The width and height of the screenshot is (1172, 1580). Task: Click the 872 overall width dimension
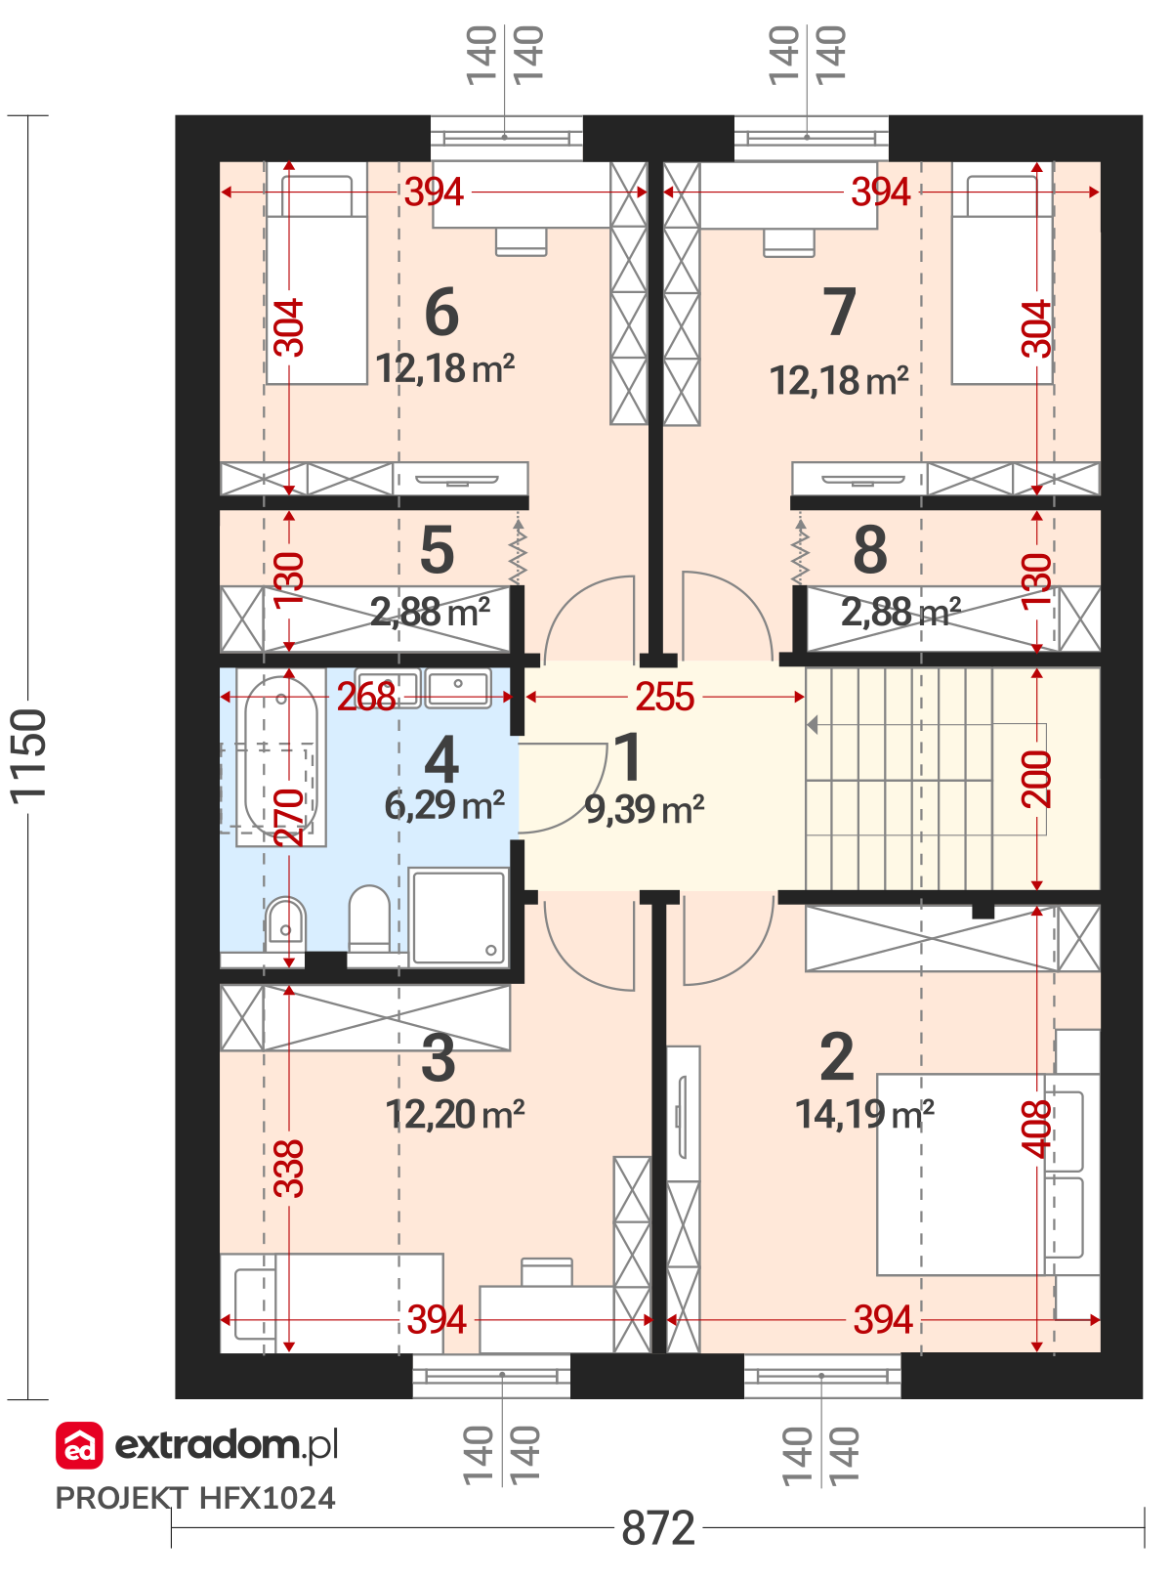[657, 1528]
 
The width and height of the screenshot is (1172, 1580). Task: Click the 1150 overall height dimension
[29, 756]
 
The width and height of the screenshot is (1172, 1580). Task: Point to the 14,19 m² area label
[864, 1113]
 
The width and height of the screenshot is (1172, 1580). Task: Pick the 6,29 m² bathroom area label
[444, 805]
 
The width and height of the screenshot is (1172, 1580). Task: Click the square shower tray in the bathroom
[459, 918]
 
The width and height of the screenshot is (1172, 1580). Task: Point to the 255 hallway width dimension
[664, 697]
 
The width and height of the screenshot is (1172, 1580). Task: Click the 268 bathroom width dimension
[366, 697]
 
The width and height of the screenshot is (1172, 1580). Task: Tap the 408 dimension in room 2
[1036, 1129]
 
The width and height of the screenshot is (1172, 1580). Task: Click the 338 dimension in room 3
[289, 1168]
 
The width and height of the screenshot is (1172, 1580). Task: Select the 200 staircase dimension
[1036, 779]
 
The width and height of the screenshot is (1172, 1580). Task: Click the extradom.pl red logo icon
[79, 1445]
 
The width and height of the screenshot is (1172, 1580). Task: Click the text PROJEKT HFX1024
[195, 1498]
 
